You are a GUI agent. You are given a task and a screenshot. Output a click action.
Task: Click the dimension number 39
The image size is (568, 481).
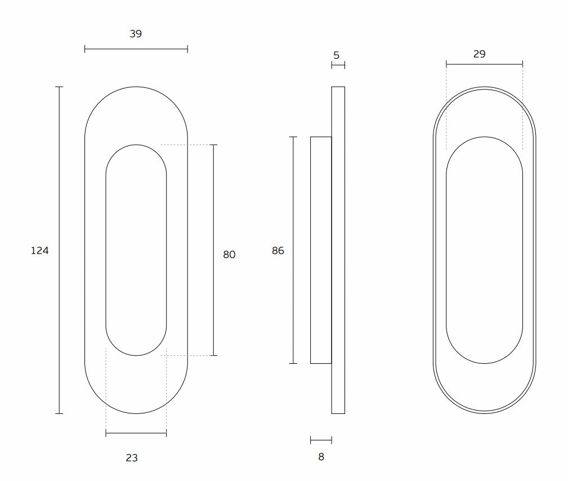pyautogui.click(x=136, y=34)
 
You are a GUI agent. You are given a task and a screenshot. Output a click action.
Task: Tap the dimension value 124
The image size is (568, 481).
pyautogui.click(x=39, y=251)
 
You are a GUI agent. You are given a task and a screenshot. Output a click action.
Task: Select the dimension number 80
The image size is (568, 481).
pyautogui.click(x=229, y=255)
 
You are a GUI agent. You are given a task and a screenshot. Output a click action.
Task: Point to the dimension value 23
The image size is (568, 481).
pyautogui.click(x=132, y=458)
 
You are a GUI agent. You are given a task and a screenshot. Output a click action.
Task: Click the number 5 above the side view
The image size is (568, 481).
pyautogui.click(x=337, y=55)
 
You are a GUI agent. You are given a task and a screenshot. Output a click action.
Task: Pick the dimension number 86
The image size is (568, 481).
pyautogui.click(x=278, y=251)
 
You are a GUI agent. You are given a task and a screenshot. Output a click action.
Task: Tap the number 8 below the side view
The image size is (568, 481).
pyautogui.click(x=321, y=457)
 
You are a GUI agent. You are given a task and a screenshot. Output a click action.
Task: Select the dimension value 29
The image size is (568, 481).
pyautogui.click(x=479, y=54)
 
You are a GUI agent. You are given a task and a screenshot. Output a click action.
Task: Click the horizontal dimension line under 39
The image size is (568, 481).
pyautogui.click(x=136, y=49)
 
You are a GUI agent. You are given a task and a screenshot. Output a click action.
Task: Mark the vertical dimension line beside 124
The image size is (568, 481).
pyautogui.click(x=60, y=250)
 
